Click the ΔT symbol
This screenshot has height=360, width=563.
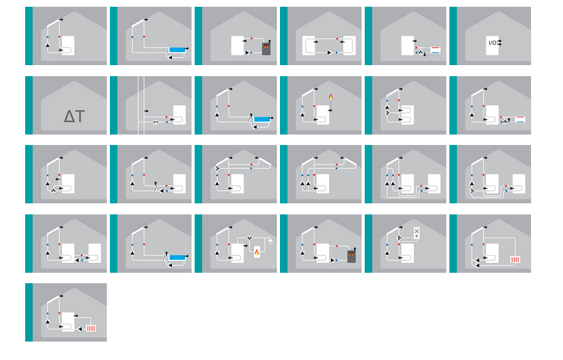tap(74, 116)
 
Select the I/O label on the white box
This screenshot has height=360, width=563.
tap(492, 43)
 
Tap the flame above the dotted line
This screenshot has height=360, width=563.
tap(331, 96)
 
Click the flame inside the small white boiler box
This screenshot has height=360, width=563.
tap(257, 252)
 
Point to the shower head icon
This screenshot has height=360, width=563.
tap(270, 241)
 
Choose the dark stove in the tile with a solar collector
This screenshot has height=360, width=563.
tap(352, 256)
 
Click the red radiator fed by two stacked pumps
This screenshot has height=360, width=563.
tap(515, 259)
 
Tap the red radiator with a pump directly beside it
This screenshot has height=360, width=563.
tap(91, 329)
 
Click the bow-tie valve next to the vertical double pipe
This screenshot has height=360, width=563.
tap(155, 122)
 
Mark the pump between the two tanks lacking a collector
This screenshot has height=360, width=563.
tap(329, 52)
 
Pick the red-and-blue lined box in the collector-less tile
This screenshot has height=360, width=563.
tap(435, 50)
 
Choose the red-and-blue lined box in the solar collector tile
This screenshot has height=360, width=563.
tap(520, 119)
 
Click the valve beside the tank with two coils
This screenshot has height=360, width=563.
tap(387, 113)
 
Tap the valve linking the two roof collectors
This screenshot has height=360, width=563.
tap(217, 168)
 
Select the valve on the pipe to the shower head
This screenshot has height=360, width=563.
tap(249, 238)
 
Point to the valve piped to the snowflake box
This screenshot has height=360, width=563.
tap(399, 238)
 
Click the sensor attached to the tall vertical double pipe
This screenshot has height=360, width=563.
tap(146, 111)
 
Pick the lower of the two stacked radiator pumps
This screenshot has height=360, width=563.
tap(478, 265)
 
